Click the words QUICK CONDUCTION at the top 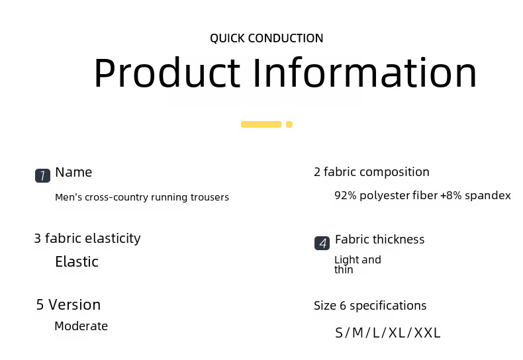[267, 38]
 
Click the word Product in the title [167, 72]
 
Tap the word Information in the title [365, 72]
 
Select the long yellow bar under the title [261, 124]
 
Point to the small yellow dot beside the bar [289, 124]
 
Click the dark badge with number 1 [42, 175]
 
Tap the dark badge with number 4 [322, 243]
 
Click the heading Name [73, 172]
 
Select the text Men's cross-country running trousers [142, 197]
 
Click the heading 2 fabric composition [371, 172]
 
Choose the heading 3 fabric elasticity [87, 239]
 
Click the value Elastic [77, 261]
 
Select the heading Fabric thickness [379, 240]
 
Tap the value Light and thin [357, 264]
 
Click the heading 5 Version [68, 304]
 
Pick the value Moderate [81, 326]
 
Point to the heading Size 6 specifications [370, 306]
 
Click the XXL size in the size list [427, 333]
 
